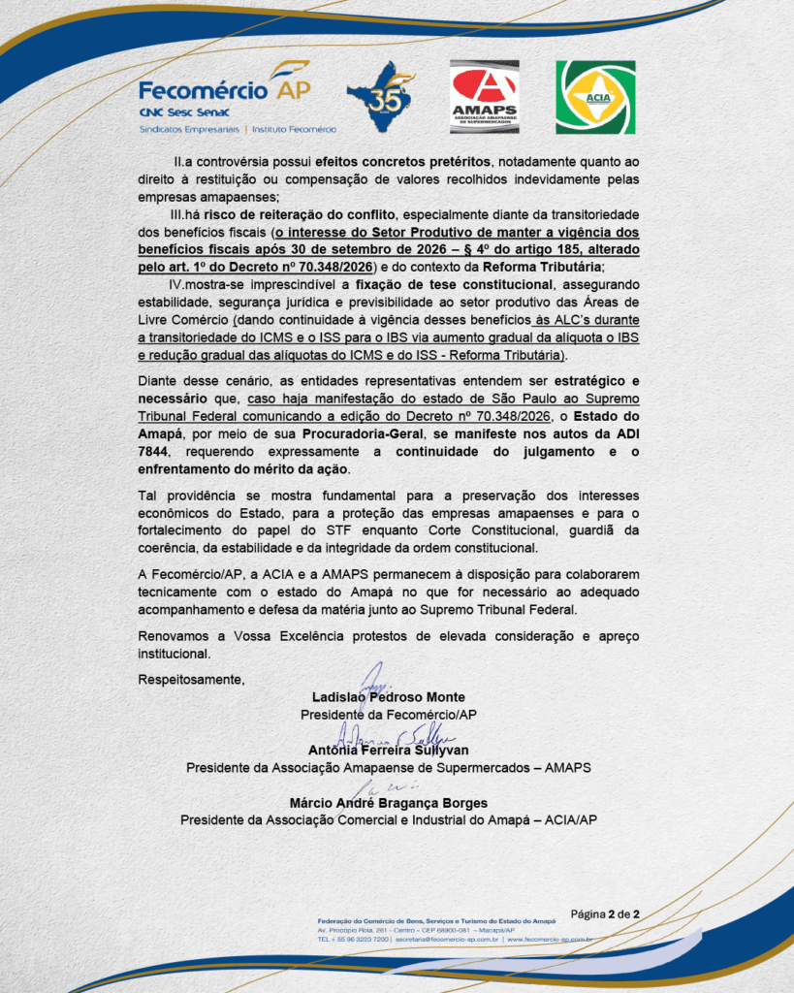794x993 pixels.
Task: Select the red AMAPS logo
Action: (x=484, y=96)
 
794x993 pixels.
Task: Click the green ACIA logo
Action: (x=594, y=96)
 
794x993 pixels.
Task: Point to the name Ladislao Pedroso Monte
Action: (x=389, y=697)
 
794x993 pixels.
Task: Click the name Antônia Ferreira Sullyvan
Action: (x=388, y=750)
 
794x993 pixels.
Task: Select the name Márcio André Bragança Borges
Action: (x=388, y=803)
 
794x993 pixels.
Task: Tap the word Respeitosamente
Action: (x=191, y=679)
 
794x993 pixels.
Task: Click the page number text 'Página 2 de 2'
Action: (x=605, y=913)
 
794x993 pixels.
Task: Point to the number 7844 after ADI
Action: (x=155, y=452)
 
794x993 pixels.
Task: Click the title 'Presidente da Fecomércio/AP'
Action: (x=389, y=715)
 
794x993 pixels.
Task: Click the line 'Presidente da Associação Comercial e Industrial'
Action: (x=388, y=819)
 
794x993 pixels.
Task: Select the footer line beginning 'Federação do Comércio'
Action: (x=436, y=919)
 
